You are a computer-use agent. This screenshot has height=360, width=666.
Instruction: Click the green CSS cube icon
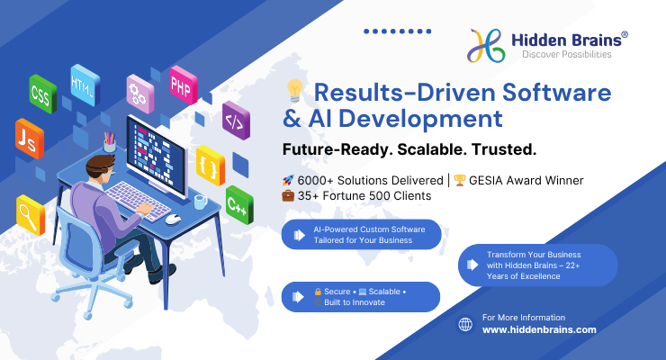[x=43, y=94]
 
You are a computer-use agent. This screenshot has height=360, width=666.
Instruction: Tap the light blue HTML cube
[x=85, y=85]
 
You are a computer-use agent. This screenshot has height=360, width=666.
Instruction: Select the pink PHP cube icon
[x=184, y=85]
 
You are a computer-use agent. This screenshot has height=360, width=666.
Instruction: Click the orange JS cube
[x=30, y=139]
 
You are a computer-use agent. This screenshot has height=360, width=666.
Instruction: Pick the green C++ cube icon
[x=239, y=204]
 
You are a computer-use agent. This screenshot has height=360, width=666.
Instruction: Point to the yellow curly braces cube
[x=211, y=166]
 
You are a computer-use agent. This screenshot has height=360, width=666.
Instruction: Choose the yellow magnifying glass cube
[x=31, y=215]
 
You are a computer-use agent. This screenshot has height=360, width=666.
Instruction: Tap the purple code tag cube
[x=236, y=121]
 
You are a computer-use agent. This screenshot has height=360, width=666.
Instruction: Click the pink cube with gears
[x=140, y=94]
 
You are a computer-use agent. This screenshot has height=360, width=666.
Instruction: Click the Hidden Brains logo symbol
[x=486, y=45]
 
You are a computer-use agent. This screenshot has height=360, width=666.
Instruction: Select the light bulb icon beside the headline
[x=294, y=91]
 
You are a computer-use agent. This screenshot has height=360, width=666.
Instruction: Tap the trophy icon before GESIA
[x=460, y=180]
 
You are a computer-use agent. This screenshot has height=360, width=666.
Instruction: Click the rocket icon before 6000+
[x=288, y=180]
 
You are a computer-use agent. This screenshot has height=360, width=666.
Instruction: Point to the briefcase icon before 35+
[x=288, y=195]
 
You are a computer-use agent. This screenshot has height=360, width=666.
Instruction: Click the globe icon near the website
[x=465, y=324]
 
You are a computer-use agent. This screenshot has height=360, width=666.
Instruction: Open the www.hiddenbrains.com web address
[x=539, y=330]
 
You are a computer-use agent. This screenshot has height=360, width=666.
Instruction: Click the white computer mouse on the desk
[x=173, y=220]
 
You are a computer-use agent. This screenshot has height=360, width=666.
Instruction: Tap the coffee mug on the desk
[x=200, y=202]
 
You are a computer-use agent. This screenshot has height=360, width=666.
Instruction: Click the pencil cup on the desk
[x=110, y=142]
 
